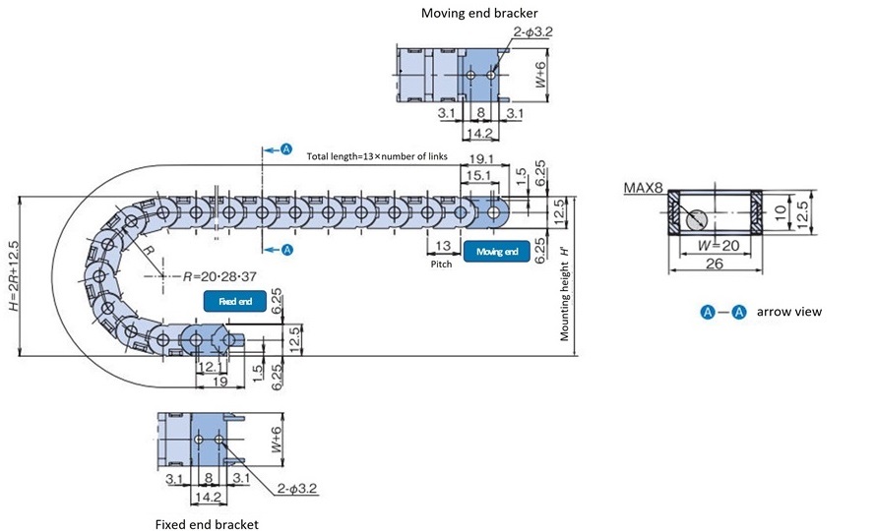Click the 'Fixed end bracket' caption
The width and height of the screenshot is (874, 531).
click(x=207, y=524)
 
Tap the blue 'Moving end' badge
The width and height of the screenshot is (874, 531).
click(x=497, y=252)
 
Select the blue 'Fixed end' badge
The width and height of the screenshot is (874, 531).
click(x=235, y=302)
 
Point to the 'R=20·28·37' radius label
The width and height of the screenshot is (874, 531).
click(x=209, y=276)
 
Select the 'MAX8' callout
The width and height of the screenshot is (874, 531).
click(x=642, y=188)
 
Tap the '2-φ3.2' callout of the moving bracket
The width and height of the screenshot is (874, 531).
click(x=532, y=31)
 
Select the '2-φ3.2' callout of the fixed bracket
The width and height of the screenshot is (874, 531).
click(x=296, y=488)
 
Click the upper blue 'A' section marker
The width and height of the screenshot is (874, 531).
click(x=286, y=148)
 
